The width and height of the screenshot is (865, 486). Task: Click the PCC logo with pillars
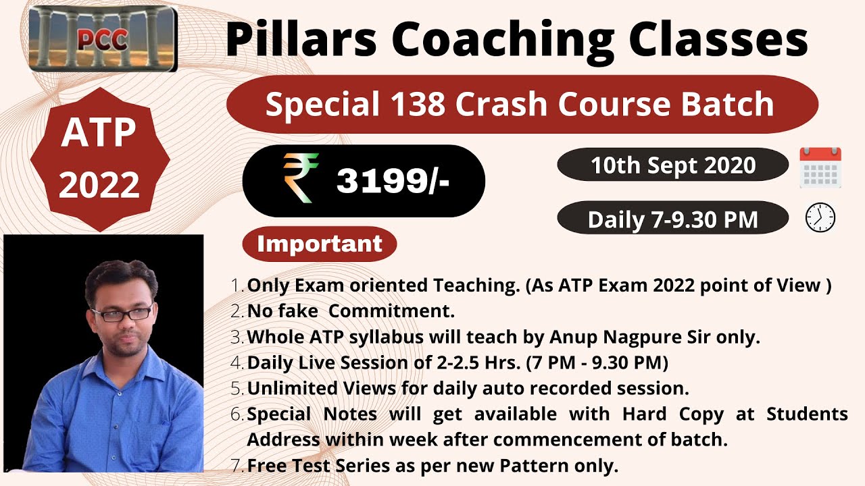(x=103, y=39)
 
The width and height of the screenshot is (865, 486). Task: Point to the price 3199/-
(x=393, y=180)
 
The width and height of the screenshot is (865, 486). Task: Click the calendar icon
(x=820, y=167)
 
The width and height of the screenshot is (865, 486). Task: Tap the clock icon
(x=820, y=218)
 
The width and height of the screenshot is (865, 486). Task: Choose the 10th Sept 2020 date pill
(x=672, y=165)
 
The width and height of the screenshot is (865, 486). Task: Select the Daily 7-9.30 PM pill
(x=672, y=219)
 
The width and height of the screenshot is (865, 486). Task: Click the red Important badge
(x=320, y=244)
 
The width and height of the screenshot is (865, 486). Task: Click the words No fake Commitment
(x=351, y=311)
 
